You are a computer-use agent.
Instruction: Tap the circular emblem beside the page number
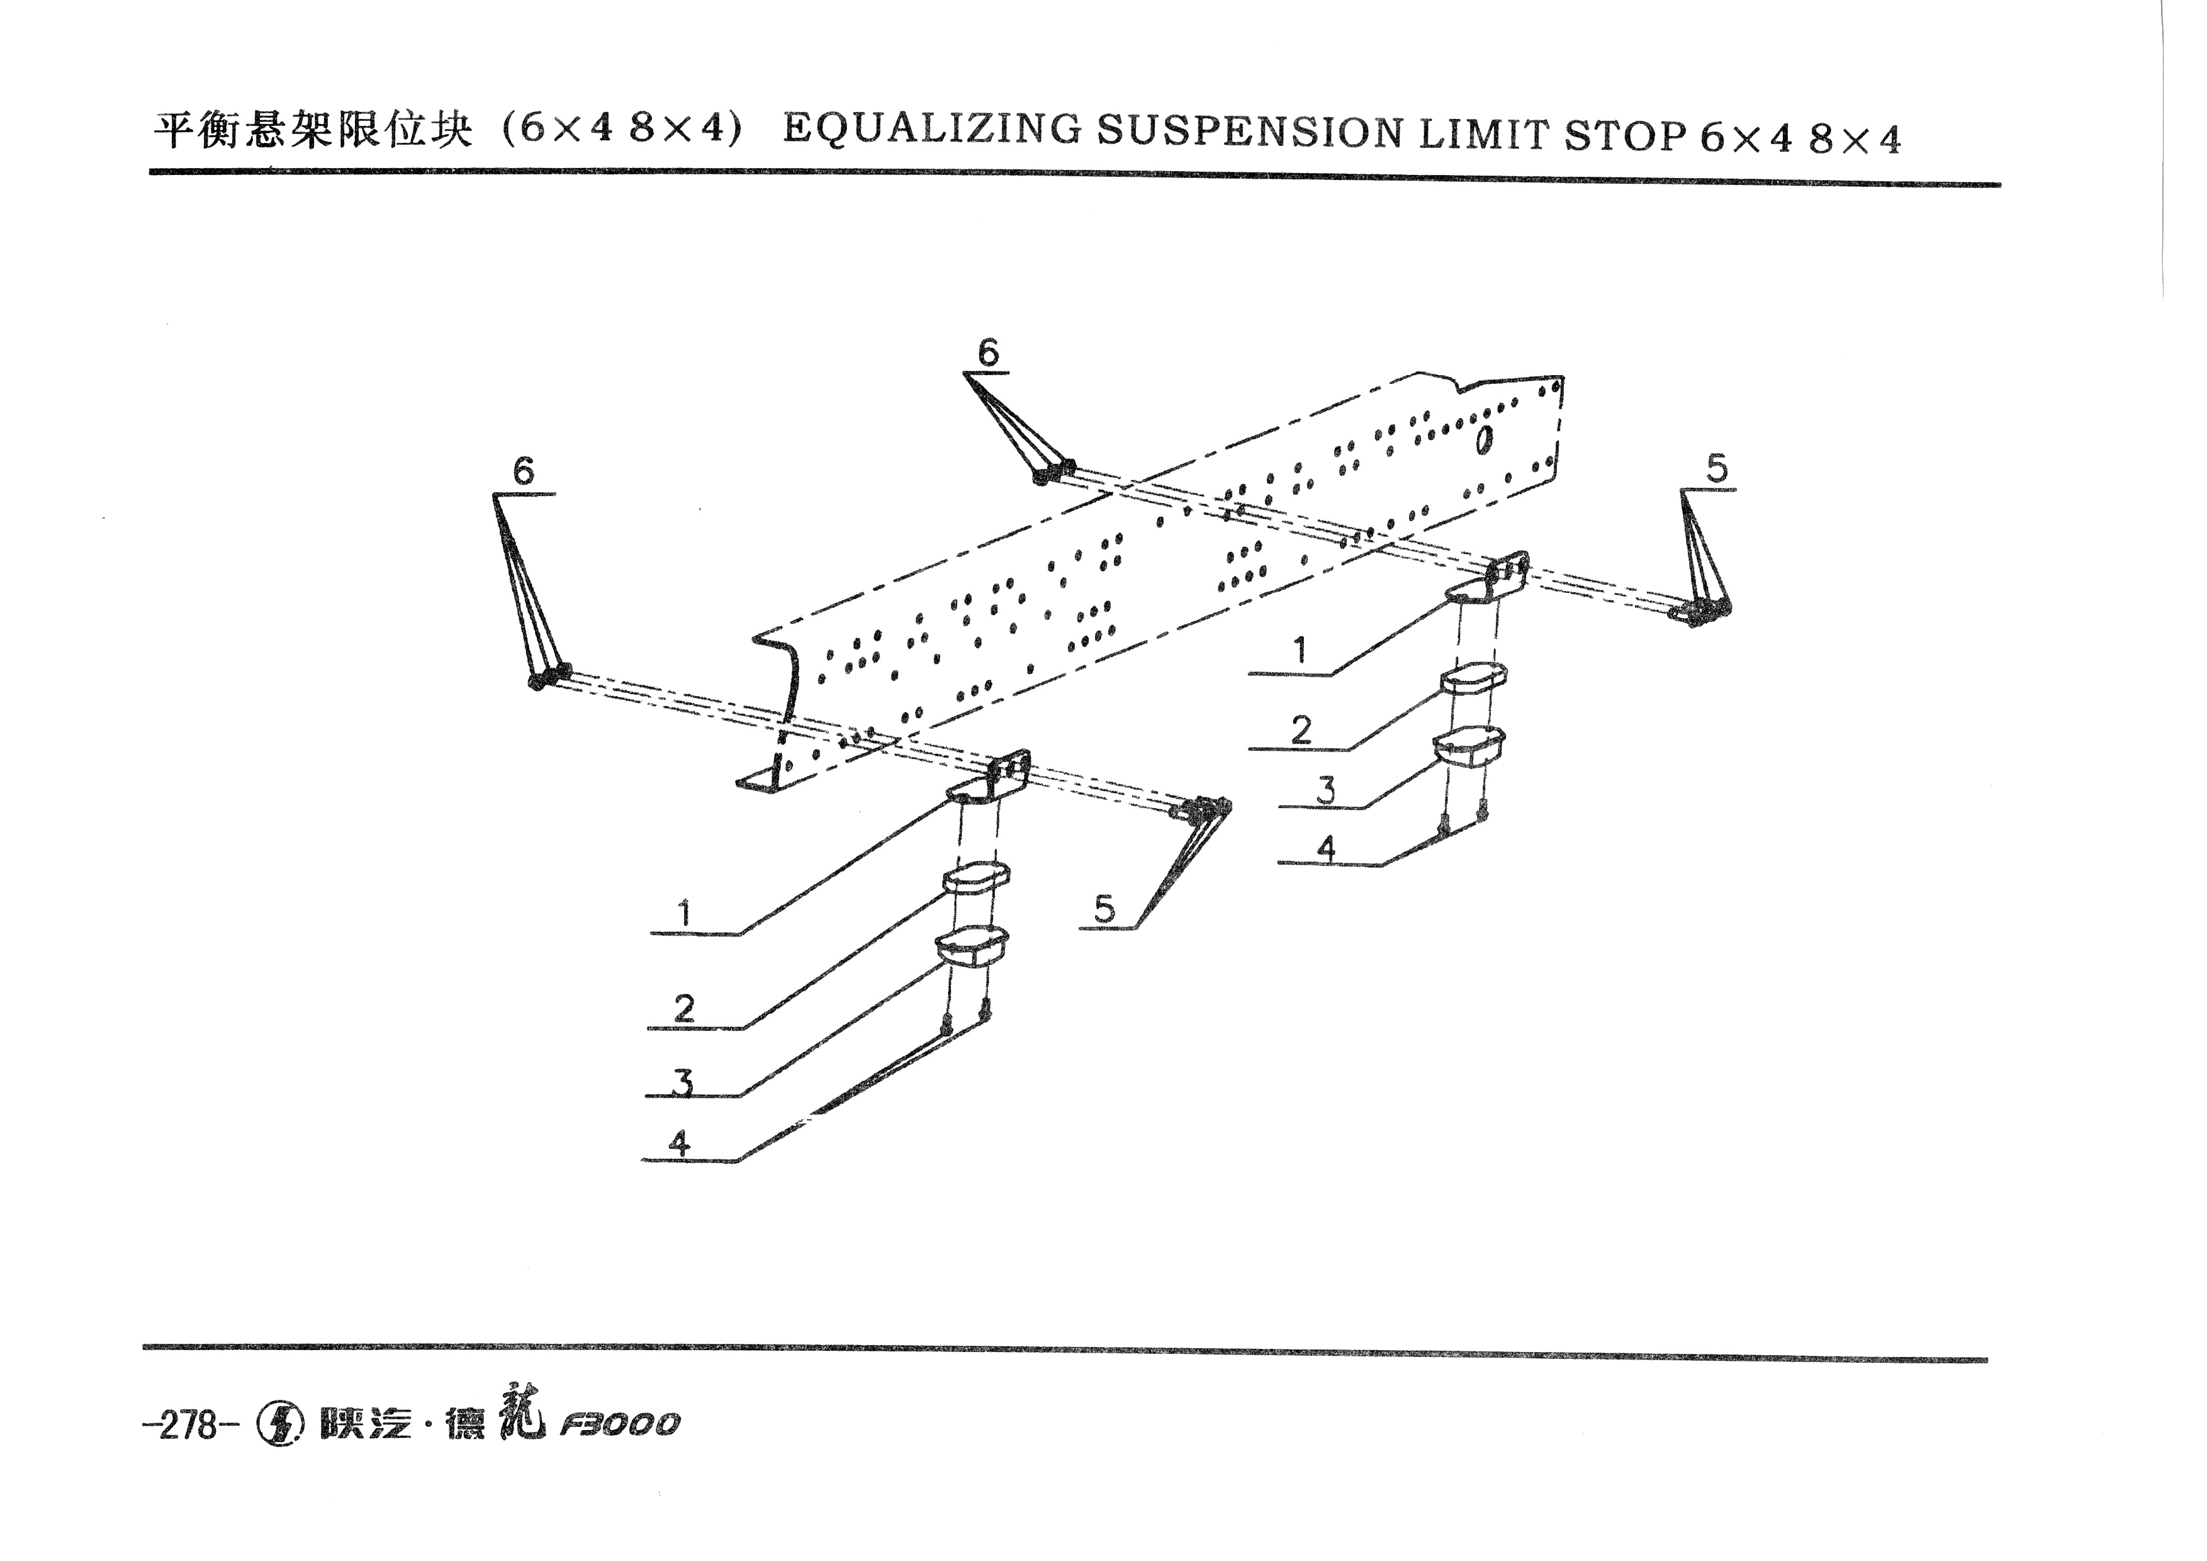(x=279, y=1424)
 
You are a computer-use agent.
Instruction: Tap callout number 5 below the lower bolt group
(x=1104, y=908)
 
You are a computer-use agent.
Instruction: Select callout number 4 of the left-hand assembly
(x=680, y=1143)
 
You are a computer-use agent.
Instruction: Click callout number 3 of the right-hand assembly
(x=1327, y=790)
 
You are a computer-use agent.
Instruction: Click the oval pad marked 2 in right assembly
(x=1473, y=678)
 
